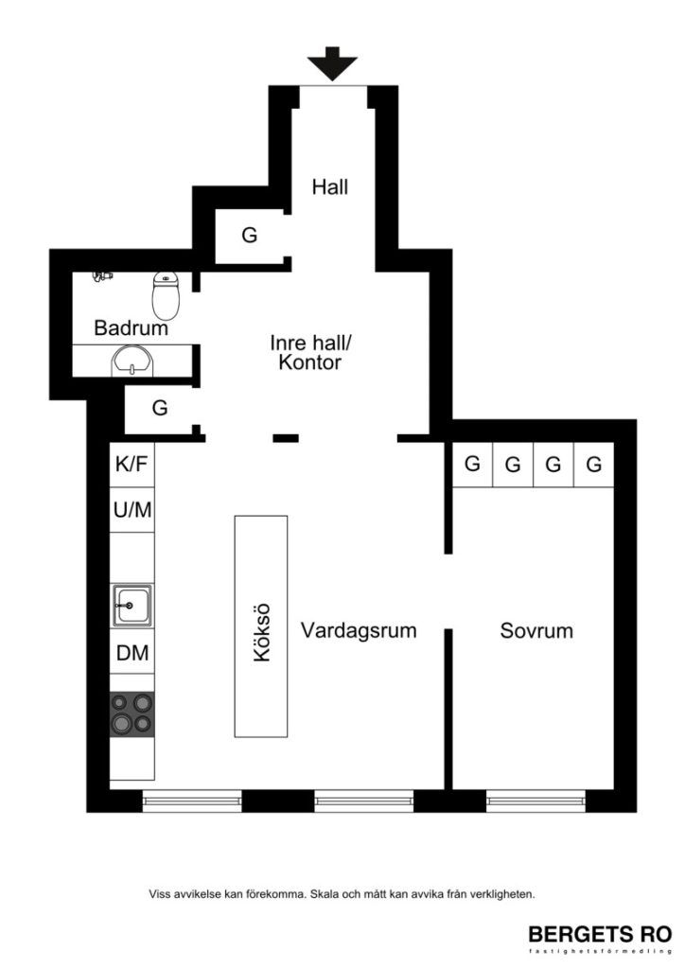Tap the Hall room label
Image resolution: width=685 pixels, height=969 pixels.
tap(330, 187)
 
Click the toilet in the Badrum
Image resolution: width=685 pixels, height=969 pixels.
tap(166, 294)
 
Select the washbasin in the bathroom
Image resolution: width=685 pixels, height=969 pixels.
tap(131, 361)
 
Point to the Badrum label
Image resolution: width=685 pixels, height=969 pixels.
tap(131, 329)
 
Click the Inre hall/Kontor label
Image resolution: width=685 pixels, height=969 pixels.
tap(309, 351)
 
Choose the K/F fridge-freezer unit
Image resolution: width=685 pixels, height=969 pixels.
tap(132, 465)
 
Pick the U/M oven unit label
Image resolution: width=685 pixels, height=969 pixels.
tap(132, 510)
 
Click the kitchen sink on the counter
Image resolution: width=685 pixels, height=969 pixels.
tap(132, 604)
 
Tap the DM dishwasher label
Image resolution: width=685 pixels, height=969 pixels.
tap(132, 653)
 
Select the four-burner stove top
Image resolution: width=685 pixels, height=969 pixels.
tap(132, 714)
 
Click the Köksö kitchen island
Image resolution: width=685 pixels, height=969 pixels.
tap(262, 625)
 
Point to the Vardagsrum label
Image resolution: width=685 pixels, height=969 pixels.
tap(359, 630)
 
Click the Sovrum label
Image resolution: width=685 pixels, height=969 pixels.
tap(536, 630)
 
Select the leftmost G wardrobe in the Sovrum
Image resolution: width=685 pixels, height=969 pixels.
tap(472, 465)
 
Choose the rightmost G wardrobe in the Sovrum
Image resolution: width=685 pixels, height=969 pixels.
tap(594, 465)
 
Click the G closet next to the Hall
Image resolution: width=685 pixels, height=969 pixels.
tap(249, 236)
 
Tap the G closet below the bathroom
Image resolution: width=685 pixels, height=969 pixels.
tap(160, 409)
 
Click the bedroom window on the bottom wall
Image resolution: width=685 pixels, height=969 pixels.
tap(536, 802)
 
